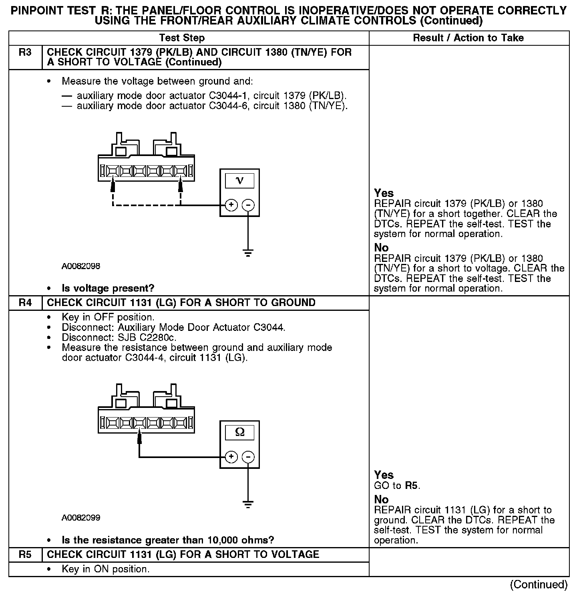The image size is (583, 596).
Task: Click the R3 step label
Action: (25, 53)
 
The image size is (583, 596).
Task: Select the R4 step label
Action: (25, 303)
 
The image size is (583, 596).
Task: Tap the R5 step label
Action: (25, 555)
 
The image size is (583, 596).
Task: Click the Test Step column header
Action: (182, 38)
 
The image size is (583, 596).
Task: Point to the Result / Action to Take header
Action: (468, 38)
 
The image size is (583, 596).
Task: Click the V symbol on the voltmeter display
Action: (239, 181)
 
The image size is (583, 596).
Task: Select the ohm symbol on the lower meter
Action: (239, 432)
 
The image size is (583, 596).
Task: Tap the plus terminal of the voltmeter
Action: (231, 205)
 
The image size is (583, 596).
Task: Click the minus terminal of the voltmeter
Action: (249, 205)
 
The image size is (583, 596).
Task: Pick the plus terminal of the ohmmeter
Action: (231, 457)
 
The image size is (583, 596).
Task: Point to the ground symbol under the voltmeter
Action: (248, 253)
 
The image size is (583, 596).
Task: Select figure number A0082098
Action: (81, 266)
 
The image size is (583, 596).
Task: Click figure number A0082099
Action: (81, 518)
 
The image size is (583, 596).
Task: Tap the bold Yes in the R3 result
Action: (384, 193)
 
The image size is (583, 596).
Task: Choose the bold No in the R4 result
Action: (381, 499)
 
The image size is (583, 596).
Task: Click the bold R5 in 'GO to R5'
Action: (412, 486)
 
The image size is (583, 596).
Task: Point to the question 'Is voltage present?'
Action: (108, 288)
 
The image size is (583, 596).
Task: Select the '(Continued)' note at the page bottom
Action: (539, 585)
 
